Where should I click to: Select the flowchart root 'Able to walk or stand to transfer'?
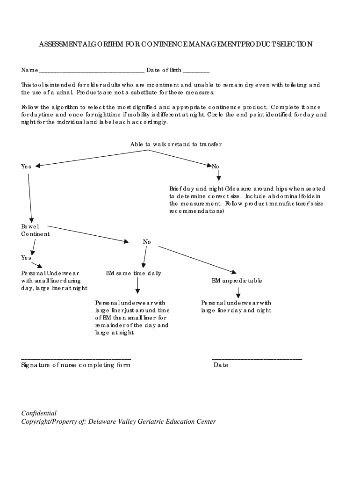pos(176,144)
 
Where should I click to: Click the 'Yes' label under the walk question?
pos(26,167)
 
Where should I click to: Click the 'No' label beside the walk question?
pos(215,167)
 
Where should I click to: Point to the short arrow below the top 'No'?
pos(218,175)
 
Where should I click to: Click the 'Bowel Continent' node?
pos(35,230)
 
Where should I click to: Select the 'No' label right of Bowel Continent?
pos(147,242)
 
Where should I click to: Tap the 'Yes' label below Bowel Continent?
pos(26,258)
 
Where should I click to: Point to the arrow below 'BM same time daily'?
pos(137,285)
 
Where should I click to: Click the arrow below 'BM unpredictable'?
pos(238,293)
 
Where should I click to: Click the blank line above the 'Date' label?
pos(257,358)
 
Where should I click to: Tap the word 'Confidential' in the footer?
pos(39,413)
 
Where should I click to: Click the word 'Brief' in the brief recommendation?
pos(176,189)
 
